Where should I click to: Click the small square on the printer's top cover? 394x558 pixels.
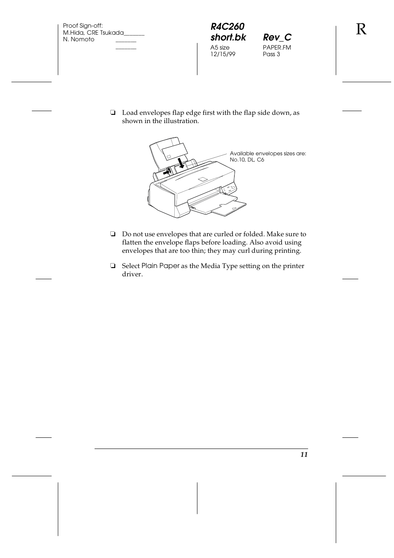(x=202, y=179)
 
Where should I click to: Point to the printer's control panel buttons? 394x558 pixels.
(x=228, y=189)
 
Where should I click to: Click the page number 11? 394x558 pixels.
(x=304, y=455)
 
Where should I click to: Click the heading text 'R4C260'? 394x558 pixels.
(x=227, y=27)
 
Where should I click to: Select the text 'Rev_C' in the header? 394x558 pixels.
(x=277, y=38)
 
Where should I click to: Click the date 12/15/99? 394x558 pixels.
(x=223, y=54)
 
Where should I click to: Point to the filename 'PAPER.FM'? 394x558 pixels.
(x=277, y=47)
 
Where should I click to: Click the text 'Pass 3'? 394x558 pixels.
(x=271, y=54)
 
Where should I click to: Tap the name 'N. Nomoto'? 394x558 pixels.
(x=78, y=39)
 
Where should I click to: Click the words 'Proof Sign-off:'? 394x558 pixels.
(x=83, y=26)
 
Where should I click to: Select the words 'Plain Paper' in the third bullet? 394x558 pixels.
(x=160, y=266)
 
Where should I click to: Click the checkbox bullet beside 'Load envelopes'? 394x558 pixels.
(x=112, y=113)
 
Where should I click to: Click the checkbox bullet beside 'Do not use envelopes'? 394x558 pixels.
(x=112, y=235)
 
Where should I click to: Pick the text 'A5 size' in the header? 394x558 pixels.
(x=220, y=47)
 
